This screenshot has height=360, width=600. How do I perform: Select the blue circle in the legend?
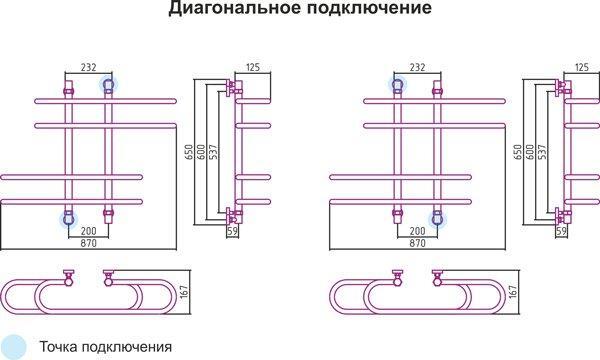pyautogui.click(x=14, y=346)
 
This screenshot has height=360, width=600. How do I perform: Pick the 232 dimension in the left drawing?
pyautogui.click(x=88, y=67)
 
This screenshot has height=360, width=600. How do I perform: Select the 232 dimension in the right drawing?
pyautogui.click(x=417, y=67)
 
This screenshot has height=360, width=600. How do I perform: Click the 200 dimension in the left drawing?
pyautogui.click(x=88, y=231)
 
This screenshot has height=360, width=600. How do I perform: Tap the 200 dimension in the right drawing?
pyautogui.click(x=417, y=231)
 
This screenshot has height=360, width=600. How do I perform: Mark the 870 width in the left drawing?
pyautogui.click(x=88, y=243)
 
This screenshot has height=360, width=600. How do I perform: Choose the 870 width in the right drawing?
pyautogui.click(x=417, y=243)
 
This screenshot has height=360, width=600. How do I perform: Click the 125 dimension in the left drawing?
pyautogui.click(x=252, y=67)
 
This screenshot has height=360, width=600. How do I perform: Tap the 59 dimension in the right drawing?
pyautogui.click(x=561, y=231)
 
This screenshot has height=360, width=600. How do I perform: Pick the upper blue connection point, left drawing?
pyautogui.click(x=107, y=86)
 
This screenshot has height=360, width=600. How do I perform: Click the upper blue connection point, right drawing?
pyautogui.click(x=398, y=86)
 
